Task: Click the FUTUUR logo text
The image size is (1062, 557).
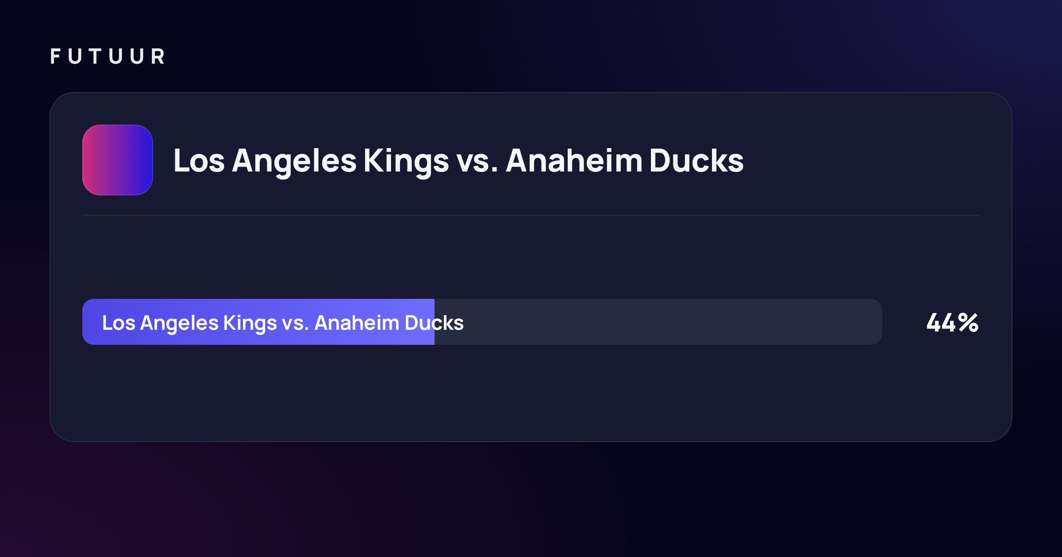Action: click(108, 57)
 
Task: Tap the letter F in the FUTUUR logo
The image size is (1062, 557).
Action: click(55, 57)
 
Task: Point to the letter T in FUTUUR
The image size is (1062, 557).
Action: click(95, 57)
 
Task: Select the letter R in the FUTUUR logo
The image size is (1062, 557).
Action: click(158, 57)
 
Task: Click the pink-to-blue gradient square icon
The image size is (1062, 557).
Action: click(118, 160)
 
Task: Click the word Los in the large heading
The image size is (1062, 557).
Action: click(199, 160)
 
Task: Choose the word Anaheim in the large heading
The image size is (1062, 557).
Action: click(574, 160)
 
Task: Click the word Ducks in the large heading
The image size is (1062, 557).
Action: click(696, 160)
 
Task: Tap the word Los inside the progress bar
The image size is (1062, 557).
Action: click(119, 323)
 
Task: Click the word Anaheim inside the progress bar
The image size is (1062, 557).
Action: click(357, 323)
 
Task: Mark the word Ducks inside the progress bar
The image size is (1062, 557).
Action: click(434, 323)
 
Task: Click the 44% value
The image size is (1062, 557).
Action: click(952, 322)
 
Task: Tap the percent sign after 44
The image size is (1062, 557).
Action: click(968, 322)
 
